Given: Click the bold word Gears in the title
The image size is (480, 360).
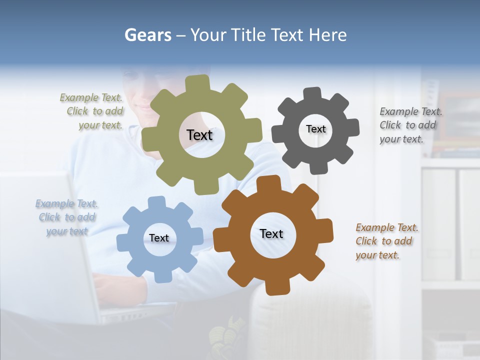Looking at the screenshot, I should pyautogui.click(x=147, y=35).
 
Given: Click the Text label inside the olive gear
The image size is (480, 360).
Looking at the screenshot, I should pyautogui.click(x=199, y=135).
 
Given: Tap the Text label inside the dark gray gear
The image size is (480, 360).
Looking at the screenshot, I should pyautogui.click(x=315, y=129).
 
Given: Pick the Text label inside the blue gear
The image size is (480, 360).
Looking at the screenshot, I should pyautogui.click(x=159, y=238).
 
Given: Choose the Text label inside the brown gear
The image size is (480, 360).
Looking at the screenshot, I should pyautogui.click(x=271, y=233).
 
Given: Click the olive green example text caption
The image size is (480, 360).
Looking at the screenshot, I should pyautogui.click(x=91, y=111).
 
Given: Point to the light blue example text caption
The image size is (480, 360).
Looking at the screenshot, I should pyautogui.click(x=67, y=217).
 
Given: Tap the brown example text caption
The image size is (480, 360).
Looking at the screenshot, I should pyautogui.click(x=385, y=241).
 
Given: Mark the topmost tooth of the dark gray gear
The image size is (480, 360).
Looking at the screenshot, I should pyautogui.click(x=312, y=93).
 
